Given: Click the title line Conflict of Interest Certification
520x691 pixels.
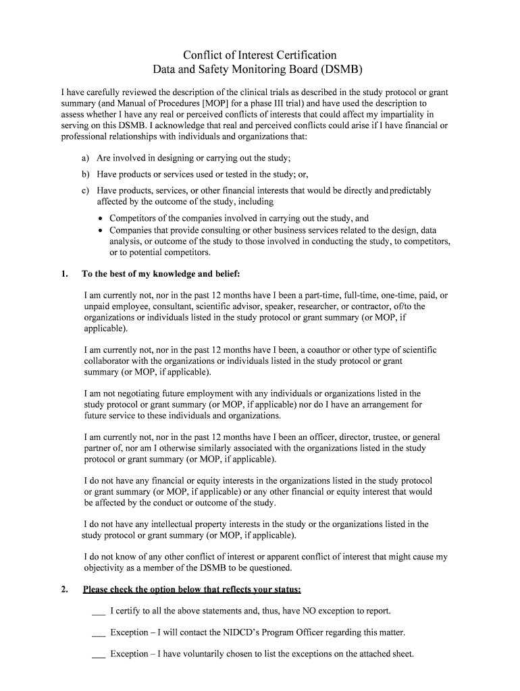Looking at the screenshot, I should (x=260, y=55).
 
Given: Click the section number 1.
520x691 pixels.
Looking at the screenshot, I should (x=64, y=274).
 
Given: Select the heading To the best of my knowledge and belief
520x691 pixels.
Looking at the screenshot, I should (x=161, y=274).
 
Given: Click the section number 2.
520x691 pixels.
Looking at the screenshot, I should (x=64, y=590).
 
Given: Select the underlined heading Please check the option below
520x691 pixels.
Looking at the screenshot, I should (x=192, y=590).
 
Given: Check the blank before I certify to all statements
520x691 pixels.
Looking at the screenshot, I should (x=98, y=611).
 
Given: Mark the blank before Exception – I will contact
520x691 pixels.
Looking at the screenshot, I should (x=98, y=633).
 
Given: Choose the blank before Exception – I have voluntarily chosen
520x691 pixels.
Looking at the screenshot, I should (x=98, y=655).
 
